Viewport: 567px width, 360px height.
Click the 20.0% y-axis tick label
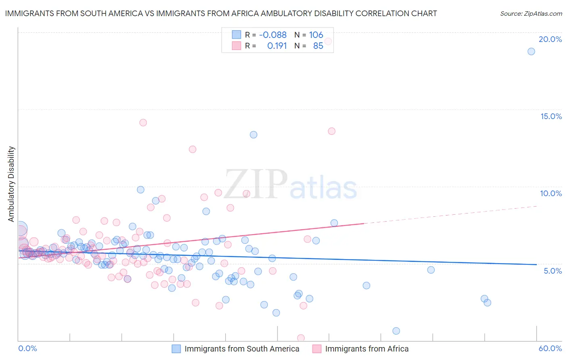[x=550, y=39]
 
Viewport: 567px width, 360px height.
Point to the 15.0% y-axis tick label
[x=551, y=116]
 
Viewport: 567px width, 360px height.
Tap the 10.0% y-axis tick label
[x=551, y=193]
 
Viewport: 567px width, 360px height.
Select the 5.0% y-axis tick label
[x=552, y=271]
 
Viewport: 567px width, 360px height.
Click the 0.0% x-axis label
[x=27, y=348]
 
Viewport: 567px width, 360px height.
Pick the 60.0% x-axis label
[x=550, y=348]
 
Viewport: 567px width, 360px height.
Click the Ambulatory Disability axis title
[x=11, y=184]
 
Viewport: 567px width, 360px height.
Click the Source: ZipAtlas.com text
[x=531, y=14]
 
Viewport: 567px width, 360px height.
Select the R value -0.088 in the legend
[x=273, y=35]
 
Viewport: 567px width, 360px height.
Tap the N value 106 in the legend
[x=316, y=35]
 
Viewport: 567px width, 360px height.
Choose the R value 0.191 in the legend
[x=277, y=46]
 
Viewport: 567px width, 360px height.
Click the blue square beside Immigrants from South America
[x=176, y=349]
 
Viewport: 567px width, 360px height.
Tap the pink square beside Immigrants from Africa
[x=317, y=349]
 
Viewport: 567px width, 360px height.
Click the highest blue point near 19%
[x=531, y=51]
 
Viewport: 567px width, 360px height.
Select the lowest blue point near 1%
[x=396, y=331]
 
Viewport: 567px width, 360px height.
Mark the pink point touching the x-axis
[x=301, y=338]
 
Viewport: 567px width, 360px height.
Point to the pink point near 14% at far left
[x=143, y=123]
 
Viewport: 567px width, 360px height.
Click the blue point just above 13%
[x=253, y=135]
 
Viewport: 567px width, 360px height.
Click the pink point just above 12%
[x=192, y=149]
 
